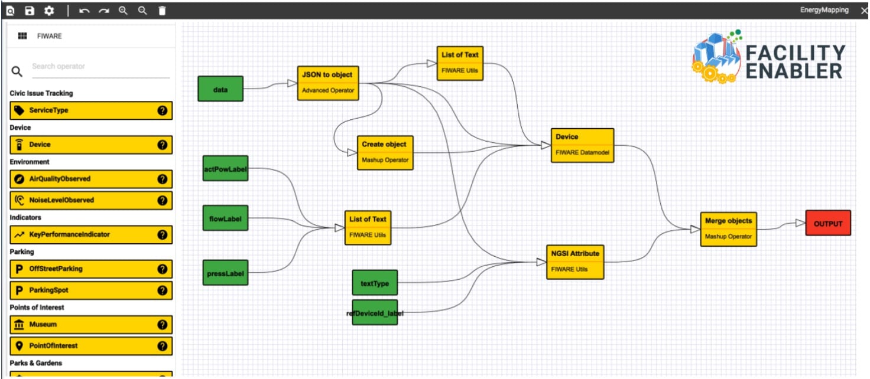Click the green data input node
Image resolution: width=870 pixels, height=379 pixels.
click(x=220, y=89)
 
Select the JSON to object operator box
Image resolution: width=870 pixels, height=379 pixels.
click(x=327, y=83)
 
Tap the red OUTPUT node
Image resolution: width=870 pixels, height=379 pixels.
click(x=827, y=224)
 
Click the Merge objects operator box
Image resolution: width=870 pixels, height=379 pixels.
click(x=728, y=229)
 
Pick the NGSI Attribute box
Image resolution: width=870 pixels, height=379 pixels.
click(x=575, y=262)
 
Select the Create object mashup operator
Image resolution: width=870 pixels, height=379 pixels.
click(x=384, y=152)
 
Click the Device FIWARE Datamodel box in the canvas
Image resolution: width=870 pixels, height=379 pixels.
click(x=582, y=145)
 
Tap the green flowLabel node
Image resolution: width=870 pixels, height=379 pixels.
click(x=225, y=219)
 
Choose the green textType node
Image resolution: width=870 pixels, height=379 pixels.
click(x=375, y=283)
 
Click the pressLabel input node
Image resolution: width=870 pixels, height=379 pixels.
click(x=225, y=273)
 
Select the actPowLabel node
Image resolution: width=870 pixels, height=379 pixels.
click(x=225, y=169)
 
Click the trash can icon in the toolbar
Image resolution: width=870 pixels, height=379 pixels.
click(x=162, y=11)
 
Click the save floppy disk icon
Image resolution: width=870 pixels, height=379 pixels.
click(x=30, y=11)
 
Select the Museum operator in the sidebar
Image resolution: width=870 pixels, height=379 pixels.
click(x=91, y=325)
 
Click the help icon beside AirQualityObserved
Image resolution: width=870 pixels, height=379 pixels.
click(x=163, y=179)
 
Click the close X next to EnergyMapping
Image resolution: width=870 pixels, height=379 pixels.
click(x=863, y=11)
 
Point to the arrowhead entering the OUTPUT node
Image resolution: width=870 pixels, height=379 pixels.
click(x=800, y=223)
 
